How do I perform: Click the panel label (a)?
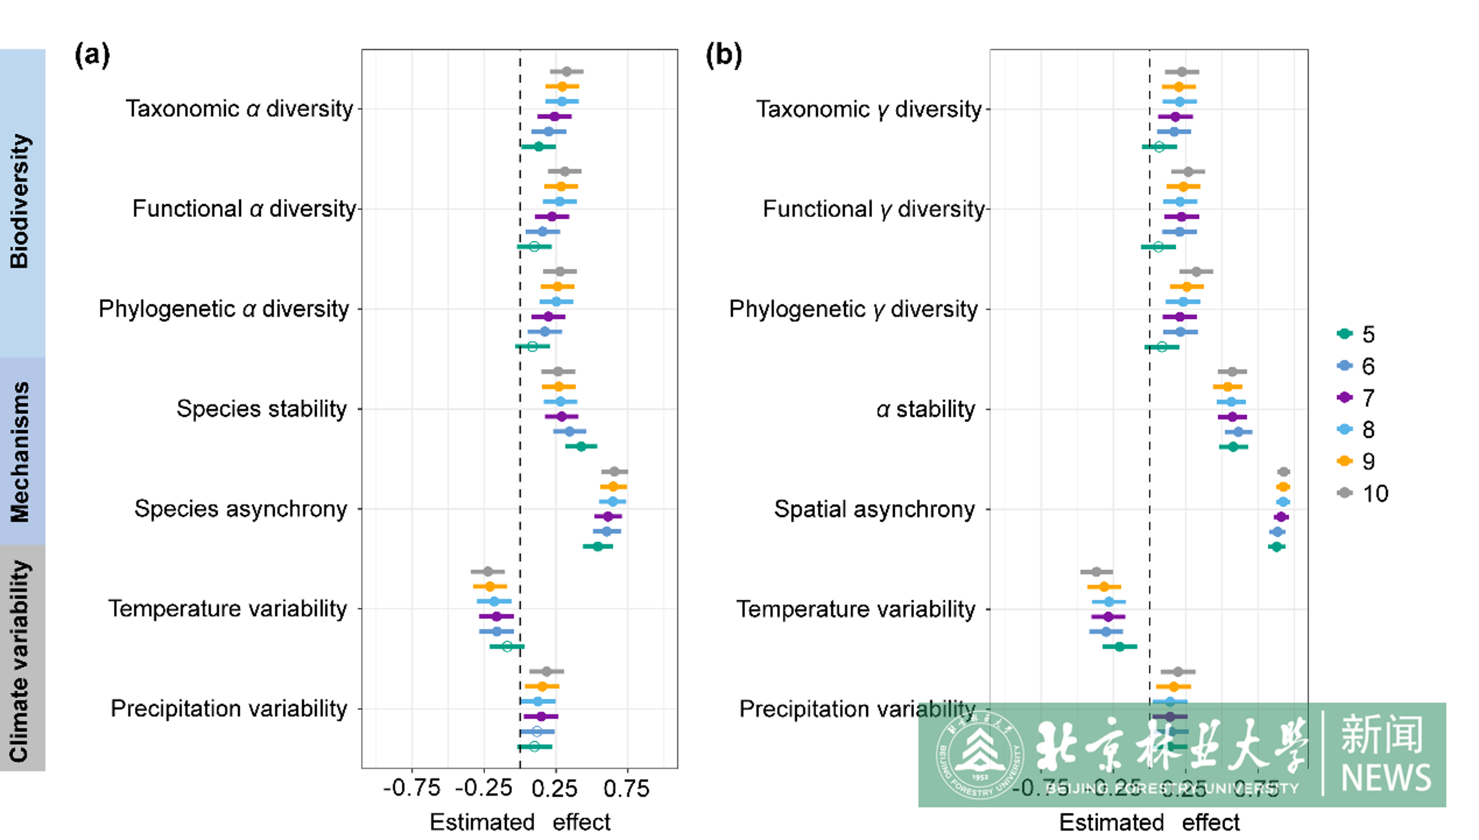tap(92, 55)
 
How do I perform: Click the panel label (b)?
tap(723, 55)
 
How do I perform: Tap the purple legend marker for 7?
tap(1345, 398)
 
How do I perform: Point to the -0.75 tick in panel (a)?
tap(412, 788)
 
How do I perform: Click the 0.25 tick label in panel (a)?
tap(555, 788)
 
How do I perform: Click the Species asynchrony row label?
tap(241, 509)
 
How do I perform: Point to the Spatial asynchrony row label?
tap(874, 510)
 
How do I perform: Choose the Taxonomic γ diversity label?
tap(869, 110)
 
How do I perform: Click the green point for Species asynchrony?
tap(597, 547)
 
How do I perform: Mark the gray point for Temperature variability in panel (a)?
tap(487, 572)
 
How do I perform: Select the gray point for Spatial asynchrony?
tap(1284, 472)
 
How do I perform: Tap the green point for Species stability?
tap(581, 446)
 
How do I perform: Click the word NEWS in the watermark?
tap(1386, 778)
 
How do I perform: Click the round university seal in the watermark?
tap(980, 755)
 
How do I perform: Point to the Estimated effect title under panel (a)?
tap(519, 822)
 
